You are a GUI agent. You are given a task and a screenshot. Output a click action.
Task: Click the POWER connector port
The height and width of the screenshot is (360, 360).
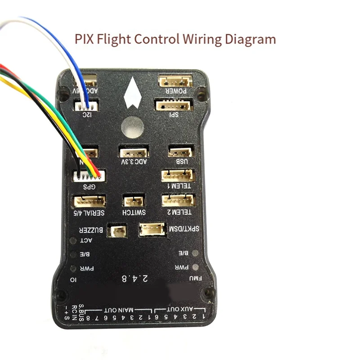[x=175, y=81]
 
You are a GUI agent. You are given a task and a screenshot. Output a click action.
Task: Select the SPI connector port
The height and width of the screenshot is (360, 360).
[x=174, y=105]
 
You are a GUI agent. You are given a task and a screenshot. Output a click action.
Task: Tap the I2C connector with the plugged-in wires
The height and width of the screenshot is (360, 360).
[x=85, y=106]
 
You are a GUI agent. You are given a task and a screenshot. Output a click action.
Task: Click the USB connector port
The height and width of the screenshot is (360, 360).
[x=181, y=152]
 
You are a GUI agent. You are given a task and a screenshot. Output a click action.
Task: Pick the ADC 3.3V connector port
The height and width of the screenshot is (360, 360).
[x=134, y=152]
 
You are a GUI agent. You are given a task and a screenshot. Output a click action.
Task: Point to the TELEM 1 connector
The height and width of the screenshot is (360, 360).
[x=178, y=175]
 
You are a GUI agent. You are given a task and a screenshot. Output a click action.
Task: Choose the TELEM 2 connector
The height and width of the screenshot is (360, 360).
[x=179, y=200]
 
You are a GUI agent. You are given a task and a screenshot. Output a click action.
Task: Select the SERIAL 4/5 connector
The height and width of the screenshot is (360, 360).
[x=89, y=201]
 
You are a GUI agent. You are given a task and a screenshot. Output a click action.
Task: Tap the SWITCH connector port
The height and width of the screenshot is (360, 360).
[x=134, y=201]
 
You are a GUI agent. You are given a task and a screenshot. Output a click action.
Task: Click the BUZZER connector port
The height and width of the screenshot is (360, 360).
[x=119, y=231]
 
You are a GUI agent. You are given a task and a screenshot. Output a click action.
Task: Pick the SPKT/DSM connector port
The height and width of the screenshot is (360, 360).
[x=152, y=230]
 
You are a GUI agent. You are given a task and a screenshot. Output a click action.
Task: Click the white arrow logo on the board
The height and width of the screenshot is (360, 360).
[x=132, y=93]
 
